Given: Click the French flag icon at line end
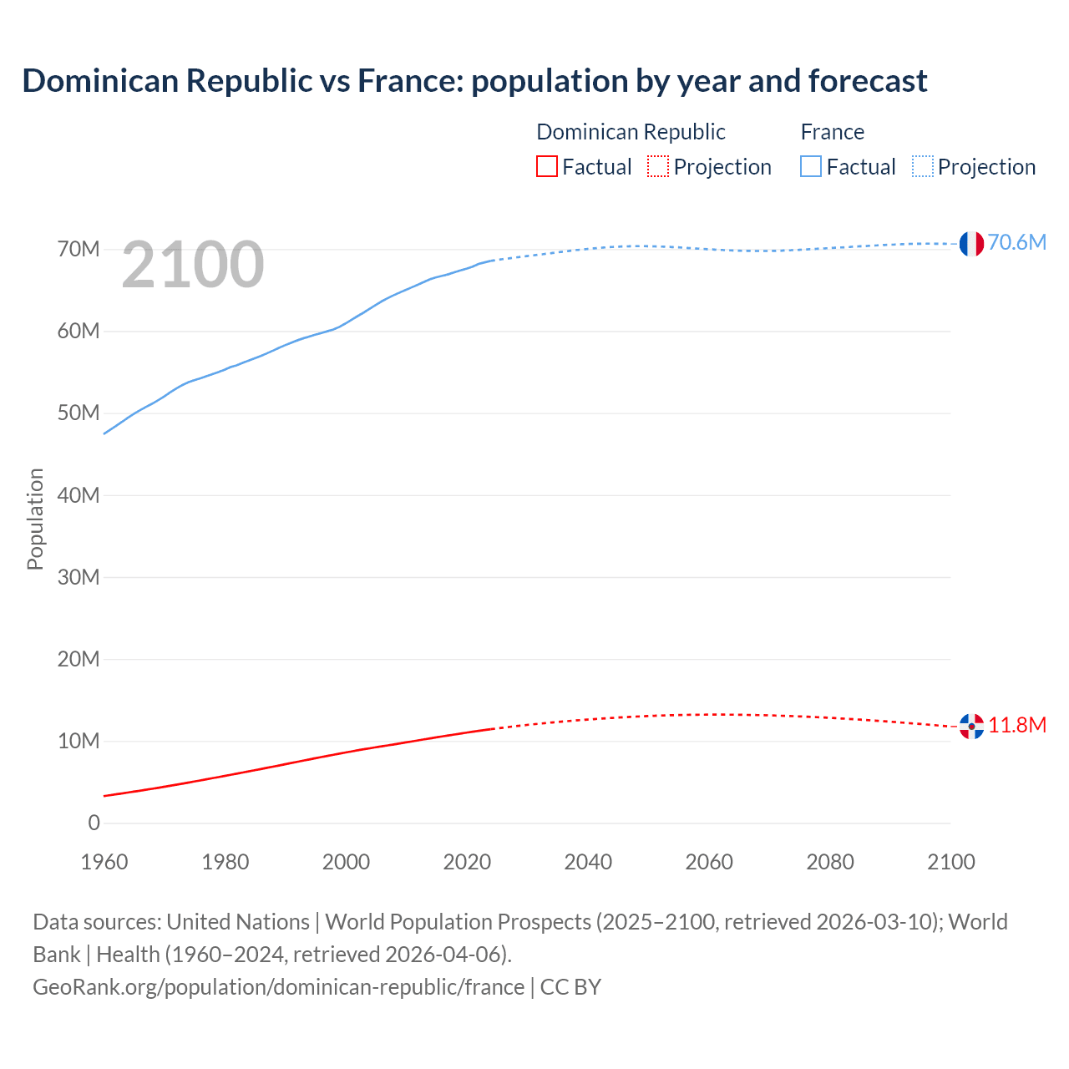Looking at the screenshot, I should (970, 244).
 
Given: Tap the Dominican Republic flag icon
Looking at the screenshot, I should (970, 726).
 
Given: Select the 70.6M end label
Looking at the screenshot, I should (1016, 242).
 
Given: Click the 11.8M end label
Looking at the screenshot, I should (1017, 725).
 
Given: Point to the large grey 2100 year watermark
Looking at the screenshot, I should (193, 265).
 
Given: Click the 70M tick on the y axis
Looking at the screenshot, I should (79, 250).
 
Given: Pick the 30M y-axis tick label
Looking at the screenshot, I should (79, 577).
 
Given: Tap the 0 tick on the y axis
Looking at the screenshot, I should (94, 823).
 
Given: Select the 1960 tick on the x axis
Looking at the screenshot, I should (104, 862).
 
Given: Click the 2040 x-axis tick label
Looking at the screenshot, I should (588, 862).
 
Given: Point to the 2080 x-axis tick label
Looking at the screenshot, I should (830, 862).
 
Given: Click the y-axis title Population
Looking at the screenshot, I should (35, 519).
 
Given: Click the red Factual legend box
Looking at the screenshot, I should (546, 167).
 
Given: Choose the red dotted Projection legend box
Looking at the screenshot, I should (658, 167).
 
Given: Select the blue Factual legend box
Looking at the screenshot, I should (811, 167).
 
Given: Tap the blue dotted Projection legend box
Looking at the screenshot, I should (922, 167).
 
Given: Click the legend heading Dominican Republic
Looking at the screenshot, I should (631, 132).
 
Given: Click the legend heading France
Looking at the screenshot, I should (832, 132).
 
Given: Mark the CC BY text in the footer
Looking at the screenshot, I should (570, 987).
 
